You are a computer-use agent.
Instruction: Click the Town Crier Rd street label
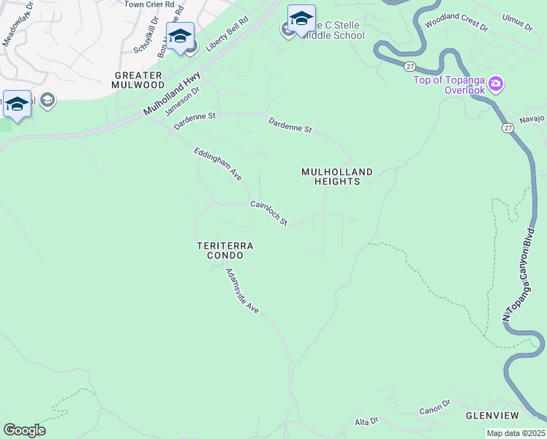click(149, 4)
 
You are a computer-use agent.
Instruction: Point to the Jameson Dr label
click(182, 100)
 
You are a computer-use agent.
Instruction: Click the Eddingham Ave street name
click(217, 164)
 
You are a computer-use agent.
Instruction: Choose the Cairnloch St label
click(269, 213)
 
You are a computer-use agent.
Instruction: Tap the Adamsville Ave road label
click(242, 291)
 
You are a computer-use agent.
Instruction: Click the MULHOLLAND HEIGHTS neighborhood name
click(337, 176)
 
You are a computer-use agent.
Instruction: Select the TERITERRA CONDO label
click(225, 251)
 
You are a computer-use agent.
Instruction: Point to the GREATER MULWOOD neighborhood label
click(138, 80)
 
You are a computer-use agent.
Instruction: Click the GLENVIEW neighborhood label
click(491, 415)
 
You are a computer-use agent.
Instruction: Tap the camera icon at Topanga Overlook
click(496, 83)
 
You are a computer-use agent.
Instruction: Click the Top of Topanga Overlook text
click(449, 85)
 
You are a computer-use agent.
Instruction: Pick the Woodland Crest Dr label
click(456, 23)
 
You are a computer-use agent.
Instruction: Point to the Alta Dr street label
click(366, 421)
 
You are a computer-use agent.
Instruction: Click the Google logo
click(24, 430)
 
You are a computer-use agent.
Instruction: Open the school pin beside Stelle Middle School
click(301, 19)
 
